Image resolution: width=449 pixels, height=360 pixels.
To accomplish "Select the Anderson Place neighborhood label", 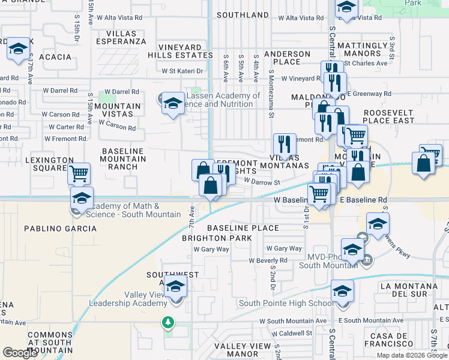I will (287, 58).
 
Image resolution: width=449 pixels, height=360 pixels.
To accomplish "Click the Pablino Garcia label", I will (60, 229).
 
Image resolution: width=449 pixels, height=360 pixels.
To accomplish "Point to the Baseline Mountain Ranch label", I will (124, 160).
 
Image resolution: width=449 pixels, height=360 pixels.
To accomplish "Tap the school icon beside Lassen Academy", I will (173, 103).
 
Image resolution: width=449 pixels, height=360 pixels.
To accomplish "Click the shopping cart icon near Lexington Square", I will (79, 174).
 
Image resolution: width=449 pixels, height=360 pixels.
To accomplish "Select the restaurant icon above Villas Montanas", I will (285, 144).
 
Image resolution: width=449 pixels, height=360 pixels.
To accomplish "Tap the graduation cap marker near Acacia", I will (19, 49).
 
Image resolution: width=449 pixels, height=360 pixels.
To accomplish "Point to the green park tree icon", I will (169, 323).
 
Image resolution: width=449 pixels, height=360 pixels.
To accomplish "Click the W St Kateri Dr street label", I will (183, 71).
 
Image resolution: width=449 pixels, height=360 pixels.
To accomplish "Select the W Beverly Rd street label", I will (268, 260).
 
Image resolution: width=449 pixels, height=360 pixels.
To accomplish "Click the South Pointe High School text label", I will (286, 303).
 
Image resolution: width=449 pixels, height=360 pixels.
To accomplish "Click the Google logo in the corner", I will (20, 352).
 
